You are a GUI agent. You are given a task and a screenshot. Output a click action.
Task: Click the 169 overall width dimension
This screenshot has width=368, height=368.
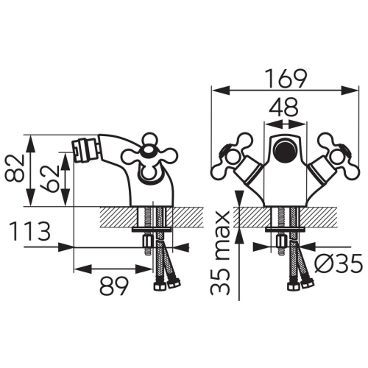click(x=286, y=79)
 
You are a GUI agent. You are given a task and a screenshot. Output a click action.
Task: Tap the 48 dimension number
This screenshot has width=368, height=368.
click(x=284, y=107)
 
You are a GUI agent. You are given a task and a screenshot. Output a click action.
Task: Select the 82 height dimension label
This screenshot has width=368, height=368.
click(x=14, y=169)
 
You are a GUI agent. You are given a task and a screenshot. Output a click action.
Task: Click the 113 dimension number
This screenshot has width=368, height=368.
click(x=29, y=230)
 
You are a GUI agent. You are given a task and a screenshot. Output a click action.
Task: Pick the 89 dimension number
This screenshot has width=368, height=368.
click(x=113, y=286)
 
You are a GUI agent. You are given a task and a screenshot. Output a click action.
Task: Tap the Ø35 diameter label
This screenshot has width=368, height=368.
click(x=338, y=263)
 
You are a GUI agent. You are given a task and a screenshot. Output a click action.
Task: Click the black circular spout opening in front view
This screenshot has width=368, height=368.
click(x=285, y=150)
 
